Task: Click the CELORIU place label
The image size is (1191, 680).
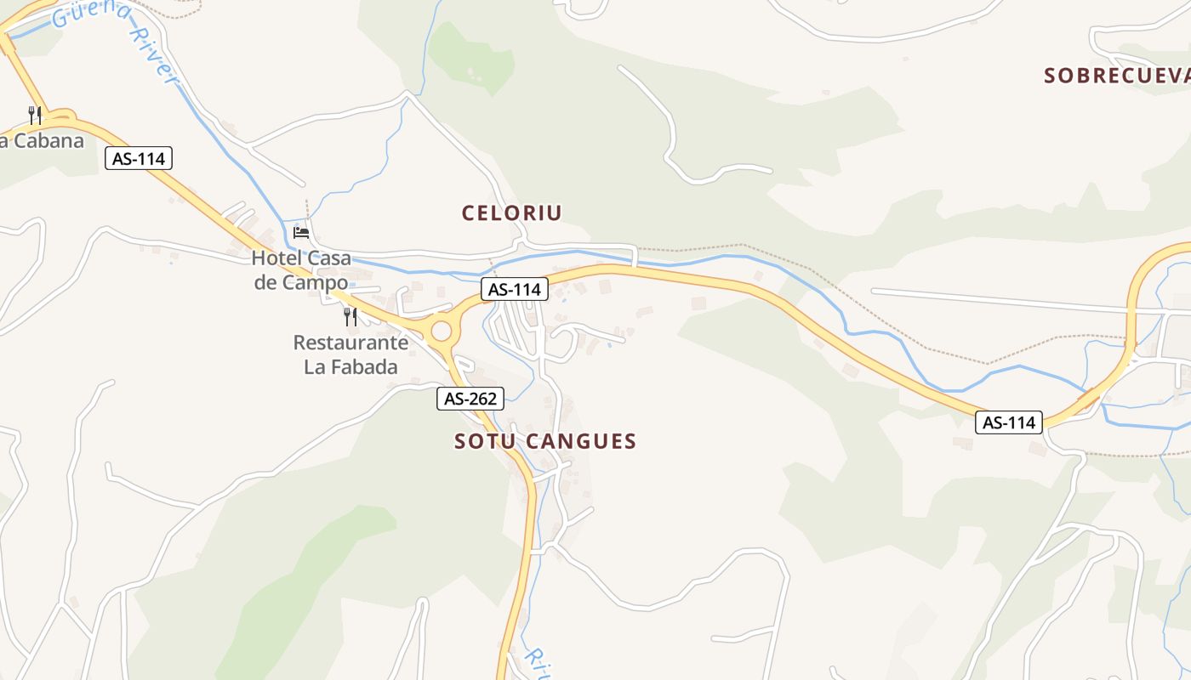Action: pos(512,212)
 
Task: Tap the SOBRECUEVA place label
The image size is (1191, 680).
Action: pos(1116,76)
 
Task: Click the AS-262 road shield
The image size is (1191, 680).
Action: pos(470,398)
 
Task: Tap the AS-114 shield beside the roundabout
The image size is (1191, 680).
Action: pos(515,289)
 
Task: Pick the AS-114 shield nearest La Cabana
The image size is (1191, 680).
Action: pos(139,158)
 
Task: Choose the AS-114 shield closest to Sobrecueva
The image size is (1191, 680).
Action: pos(1009,422)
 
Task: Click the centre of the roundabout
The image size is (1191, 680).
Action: pos(441,331)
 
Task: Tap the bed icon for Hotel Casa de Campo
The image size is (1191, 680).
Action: pos(301,232)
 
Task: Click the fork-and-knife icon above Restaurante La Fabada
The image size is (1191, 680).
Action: pos(350,317)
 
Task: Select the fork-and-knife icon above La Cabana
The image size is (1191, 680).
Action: pos(35,115)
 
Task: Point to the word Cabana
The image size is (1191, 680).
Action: pos(48,140)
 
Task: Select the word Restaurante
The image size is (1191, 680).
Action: pos(350,343)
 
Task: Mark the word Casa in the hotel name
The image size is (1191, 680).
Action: pos(329,258)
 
